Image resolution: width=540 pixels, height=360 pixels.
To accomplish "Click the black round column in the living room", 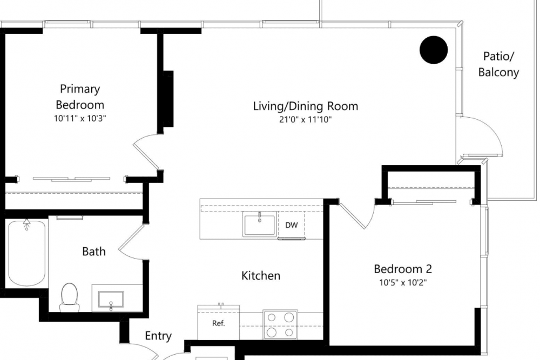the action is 434,50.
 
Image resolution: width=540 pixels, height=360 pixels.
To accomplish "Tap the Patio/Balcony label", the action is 498,64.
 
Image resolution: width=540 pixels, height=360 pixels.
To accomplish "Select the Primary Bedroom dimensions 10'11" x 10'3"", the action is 80,118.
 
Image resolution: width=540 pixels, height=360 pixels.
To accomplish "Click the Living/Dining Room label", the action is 306,106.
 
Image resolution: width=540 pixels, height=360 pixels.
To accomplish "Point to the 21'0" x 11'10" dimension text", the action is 305,120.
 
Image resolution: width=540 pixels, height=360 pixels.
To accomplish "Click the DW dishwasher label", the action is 292,225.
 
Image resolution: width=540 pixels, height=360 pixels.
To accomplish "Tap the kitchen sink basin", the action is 260,225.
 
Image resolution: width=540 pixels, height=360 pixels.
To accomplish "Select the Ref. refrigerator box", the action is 218,322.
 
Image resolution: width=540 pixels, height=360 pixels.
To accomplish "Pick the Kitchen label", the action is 261,276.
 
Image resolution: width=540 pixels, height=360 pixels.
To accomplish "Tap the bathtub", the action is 26,253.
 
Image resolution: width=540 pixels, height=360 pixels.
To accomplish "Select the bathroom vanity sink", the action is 111,300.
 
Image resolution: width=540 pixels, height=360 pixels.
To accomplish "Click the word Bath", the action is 93,252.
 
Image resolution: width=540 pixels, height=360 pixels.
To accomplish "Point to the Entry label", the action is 158,336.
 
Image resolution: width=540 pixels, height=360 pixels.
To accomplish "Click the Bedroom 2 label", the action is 403,269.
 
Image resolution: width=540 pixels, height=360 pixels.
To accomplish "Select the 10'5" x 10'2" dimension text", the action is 403,283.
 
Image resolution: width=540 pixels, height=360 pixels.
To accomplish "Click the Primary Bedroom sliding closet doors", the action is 72,179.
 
